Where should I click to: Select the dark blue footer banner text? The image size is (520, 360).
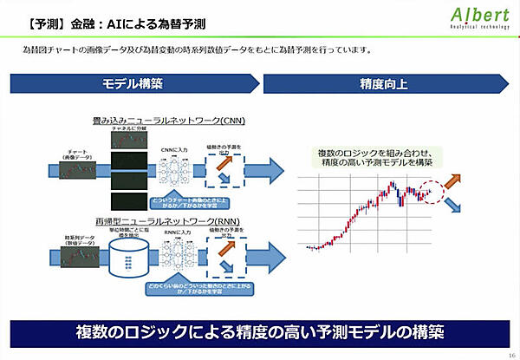click(260, 332)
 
